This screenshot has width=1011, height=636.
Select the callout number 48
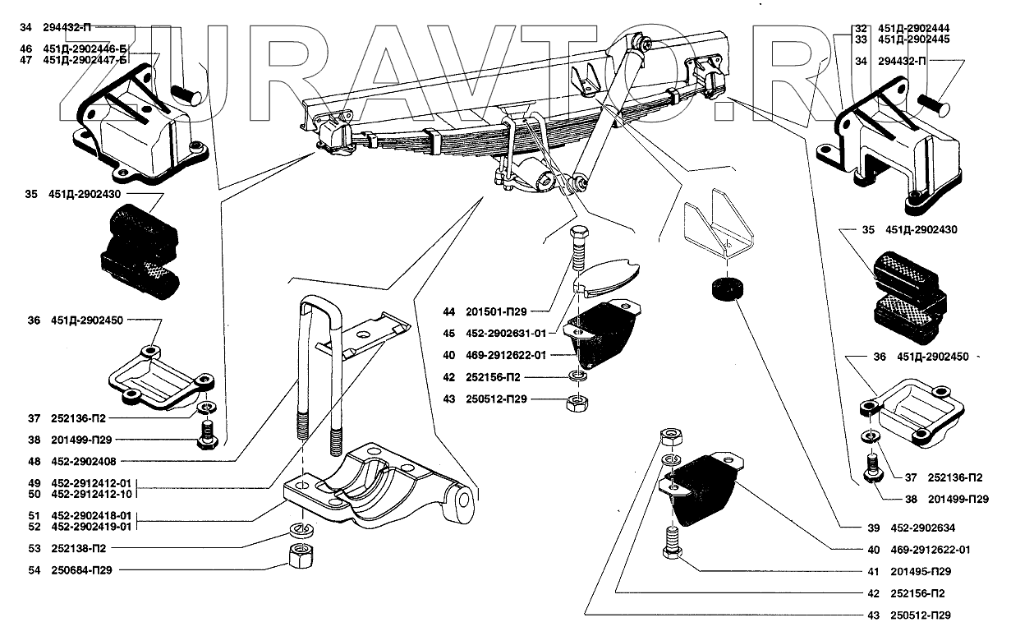pos(33,460)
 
